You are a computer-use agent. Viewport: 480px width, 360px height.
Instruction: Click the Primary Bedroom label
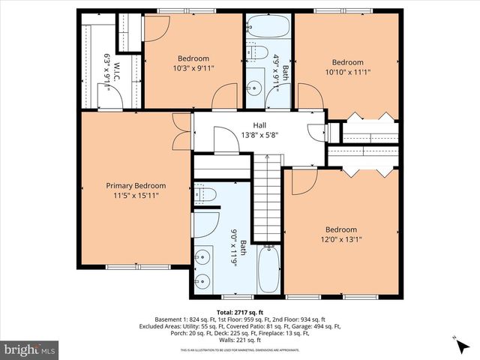[136, 185]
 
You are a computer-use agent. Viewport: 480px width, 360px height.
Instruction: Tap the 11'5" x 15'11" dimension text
[136, 196]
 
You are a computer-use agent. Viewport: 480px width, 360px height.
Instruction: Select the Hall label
[259, 126]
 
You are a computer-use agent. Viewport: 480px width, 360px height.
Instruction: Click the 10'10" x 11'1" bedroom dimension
[347, 72]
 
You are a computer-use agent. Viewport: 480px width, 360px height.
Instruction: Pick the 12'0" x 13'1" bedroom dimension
[340, 239]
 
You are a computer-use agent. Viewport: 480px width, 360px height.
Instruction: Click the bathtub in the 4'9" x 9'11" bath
[267, 28]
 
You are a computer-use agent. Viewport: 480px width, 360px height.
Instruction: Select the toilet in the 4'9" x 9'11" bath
[258, 53]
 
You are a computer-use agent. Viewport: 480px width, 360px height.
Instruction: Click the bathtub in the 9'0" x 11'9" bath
[268, 270]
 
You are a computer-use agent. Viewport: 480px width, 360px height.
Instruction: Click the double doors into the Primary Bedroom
[180, 132]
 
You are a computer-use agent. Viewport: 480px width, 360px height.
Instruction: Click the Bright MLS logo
[30, 349]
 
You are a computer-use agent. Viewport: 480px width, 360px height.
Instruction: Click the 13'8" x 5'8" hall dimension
[259, 136]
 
